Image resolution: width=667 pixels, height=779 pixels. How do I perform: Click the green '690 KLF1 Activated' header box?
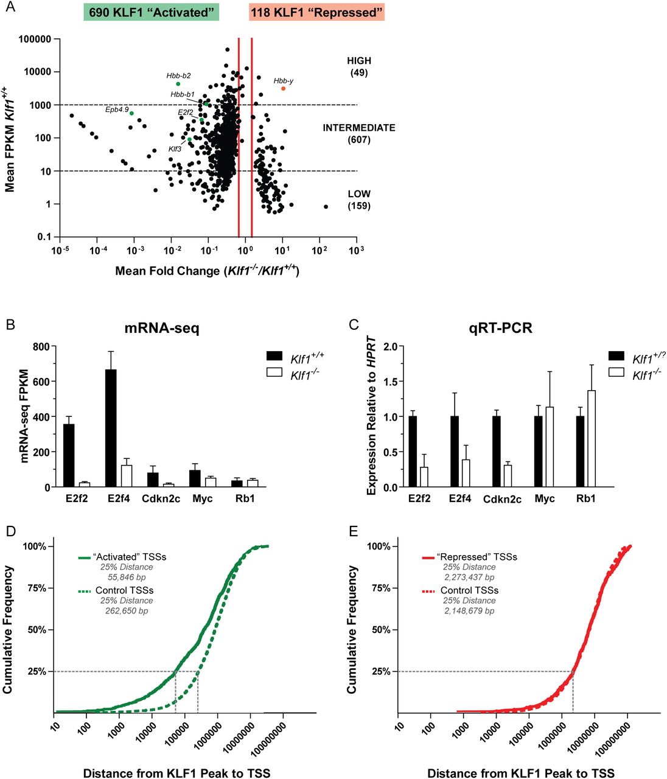(x=152, y=12)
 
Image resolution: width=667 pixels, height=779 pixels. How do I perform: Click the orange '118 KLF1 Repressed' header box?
(x=316, y=12)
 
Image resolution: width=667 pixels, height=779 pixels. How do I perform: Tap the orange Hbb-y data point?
(x=283, y=89)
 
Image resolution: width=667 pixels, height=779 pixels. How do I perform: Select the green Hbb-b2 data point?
(x=178, y=84)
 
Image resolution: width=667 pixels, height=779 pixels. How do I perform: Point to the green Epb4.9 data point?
(x=131, y=113)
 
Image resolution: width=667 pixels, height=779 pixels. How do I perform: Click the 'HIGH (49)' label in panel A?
(x=359, y=66)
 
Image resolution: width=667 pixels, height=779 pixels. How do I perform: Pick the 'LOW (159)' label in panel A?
(x=359, y=200)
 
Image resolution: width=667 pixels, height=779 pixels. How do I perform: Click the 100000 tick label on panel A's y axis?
(x=35, y=39)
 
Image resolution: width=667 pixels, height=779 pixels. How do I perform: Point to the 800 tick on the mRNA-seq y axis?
(x=40, y=347)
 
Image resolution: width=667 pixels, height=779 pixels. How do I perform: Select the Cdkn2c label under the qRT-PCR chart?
(x=503, y=499)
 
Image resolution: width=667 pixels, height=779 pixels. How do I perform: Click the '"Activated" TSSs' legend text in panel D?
(x=129, y=557)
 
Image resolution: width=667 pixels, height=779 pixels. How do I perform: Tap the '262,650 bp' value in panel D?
(x=127, y=610)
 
